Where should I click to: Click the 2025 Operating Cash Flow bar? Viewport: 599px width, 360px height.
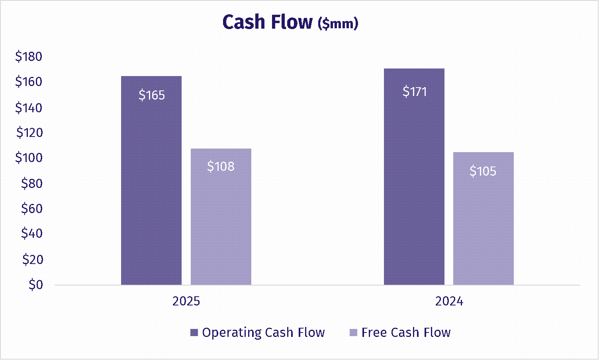(151, 191)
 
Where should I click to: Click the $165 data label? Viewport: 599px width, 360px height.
(152, 95)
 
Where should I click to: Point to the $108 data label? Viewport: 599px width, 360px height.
(221, 166)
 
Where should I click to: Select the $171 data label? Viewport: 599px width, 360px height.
(415, 92)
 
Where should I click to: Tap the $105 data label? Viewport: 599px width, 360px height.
(483, 171)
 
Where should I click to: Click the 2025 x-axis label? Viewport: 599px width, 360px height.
(186, 301)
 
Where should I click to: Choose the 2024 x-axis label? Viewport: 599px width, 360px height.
(449, 301)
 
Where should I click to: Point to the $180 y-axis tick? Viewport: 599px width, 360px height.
(29, 57)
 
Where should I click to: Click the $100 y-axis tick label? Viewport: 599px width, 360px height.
(29, 158)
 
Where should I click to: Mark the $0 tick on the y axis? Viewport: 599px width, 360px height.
(35, 284)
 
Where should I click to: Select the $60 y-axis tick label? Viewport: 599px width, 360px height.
(31, 208)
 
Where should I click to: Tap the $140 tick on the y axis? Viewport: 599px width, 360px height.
(29, 108)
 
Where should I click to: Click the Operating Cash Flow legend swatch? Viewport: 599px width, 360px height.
(194, 333)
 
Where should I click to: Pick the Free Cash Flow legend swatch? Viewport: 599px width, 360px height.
(353, 333)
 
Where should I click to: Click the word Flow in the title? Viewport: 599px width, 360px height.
(292, 22)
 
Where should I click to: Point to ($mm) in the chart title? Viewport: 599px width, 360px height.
(338, 24)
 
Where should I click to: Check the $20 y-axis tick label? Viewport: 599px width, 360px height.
(31, 259)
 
